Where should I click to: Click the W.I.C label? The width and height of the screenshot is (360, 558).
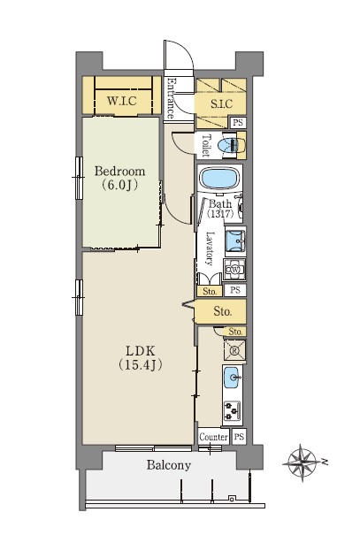pyautogui.click(x=121, y=101)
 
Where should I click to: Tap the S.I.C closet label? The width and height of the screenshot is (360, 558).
pyautogui.click(x=221, y=103)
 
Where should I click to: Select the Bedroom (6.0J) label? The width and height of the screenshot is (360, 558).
pyautogui.click(x=119, y=178)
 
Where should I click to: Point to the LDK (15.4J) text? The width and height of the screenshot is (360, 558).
pyautogui.click(x=140, y=357)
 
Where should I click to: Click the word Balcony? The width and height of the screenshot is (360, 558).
pyautogui.click(x=169, y=465)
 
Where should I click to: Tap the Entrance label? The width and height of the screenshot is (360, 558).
pyautogui.click(x=172, y=98)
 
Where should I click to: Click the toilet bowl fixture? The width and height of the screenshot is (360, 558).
pyautogui.click(x=229, y=145)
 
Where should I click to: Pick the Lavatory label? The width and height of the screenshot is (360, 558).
pyautogui.click(x=211, y=248)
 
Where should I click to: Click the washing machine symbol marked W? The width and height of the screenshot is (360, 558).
pyautogui.click(x=234, y=270)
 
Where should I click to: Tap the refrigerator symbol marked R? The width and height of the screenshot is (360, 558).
pyautogui.click(x=234, y=350)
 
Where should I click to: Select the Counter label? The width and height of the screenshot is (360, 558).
pyautogui.click(x=214, y=437)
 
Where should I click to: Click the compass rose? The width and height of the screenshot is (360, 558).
pyautogui.click(x=303, y=462)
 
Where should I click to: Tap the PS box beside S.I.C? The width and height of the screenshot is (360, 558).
pyautogui.click(x=238, y=123)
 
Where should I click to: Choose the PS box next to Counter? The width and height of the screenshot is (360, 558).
pyautogui.click(x=239, y=436)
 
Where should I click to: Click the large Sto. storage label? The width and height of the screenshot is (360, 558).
pyautogui.click(x=223, y=312)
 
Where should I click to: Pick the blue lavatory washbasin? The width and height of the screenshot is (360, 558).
pyautogui.click(x=235, y=241)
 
